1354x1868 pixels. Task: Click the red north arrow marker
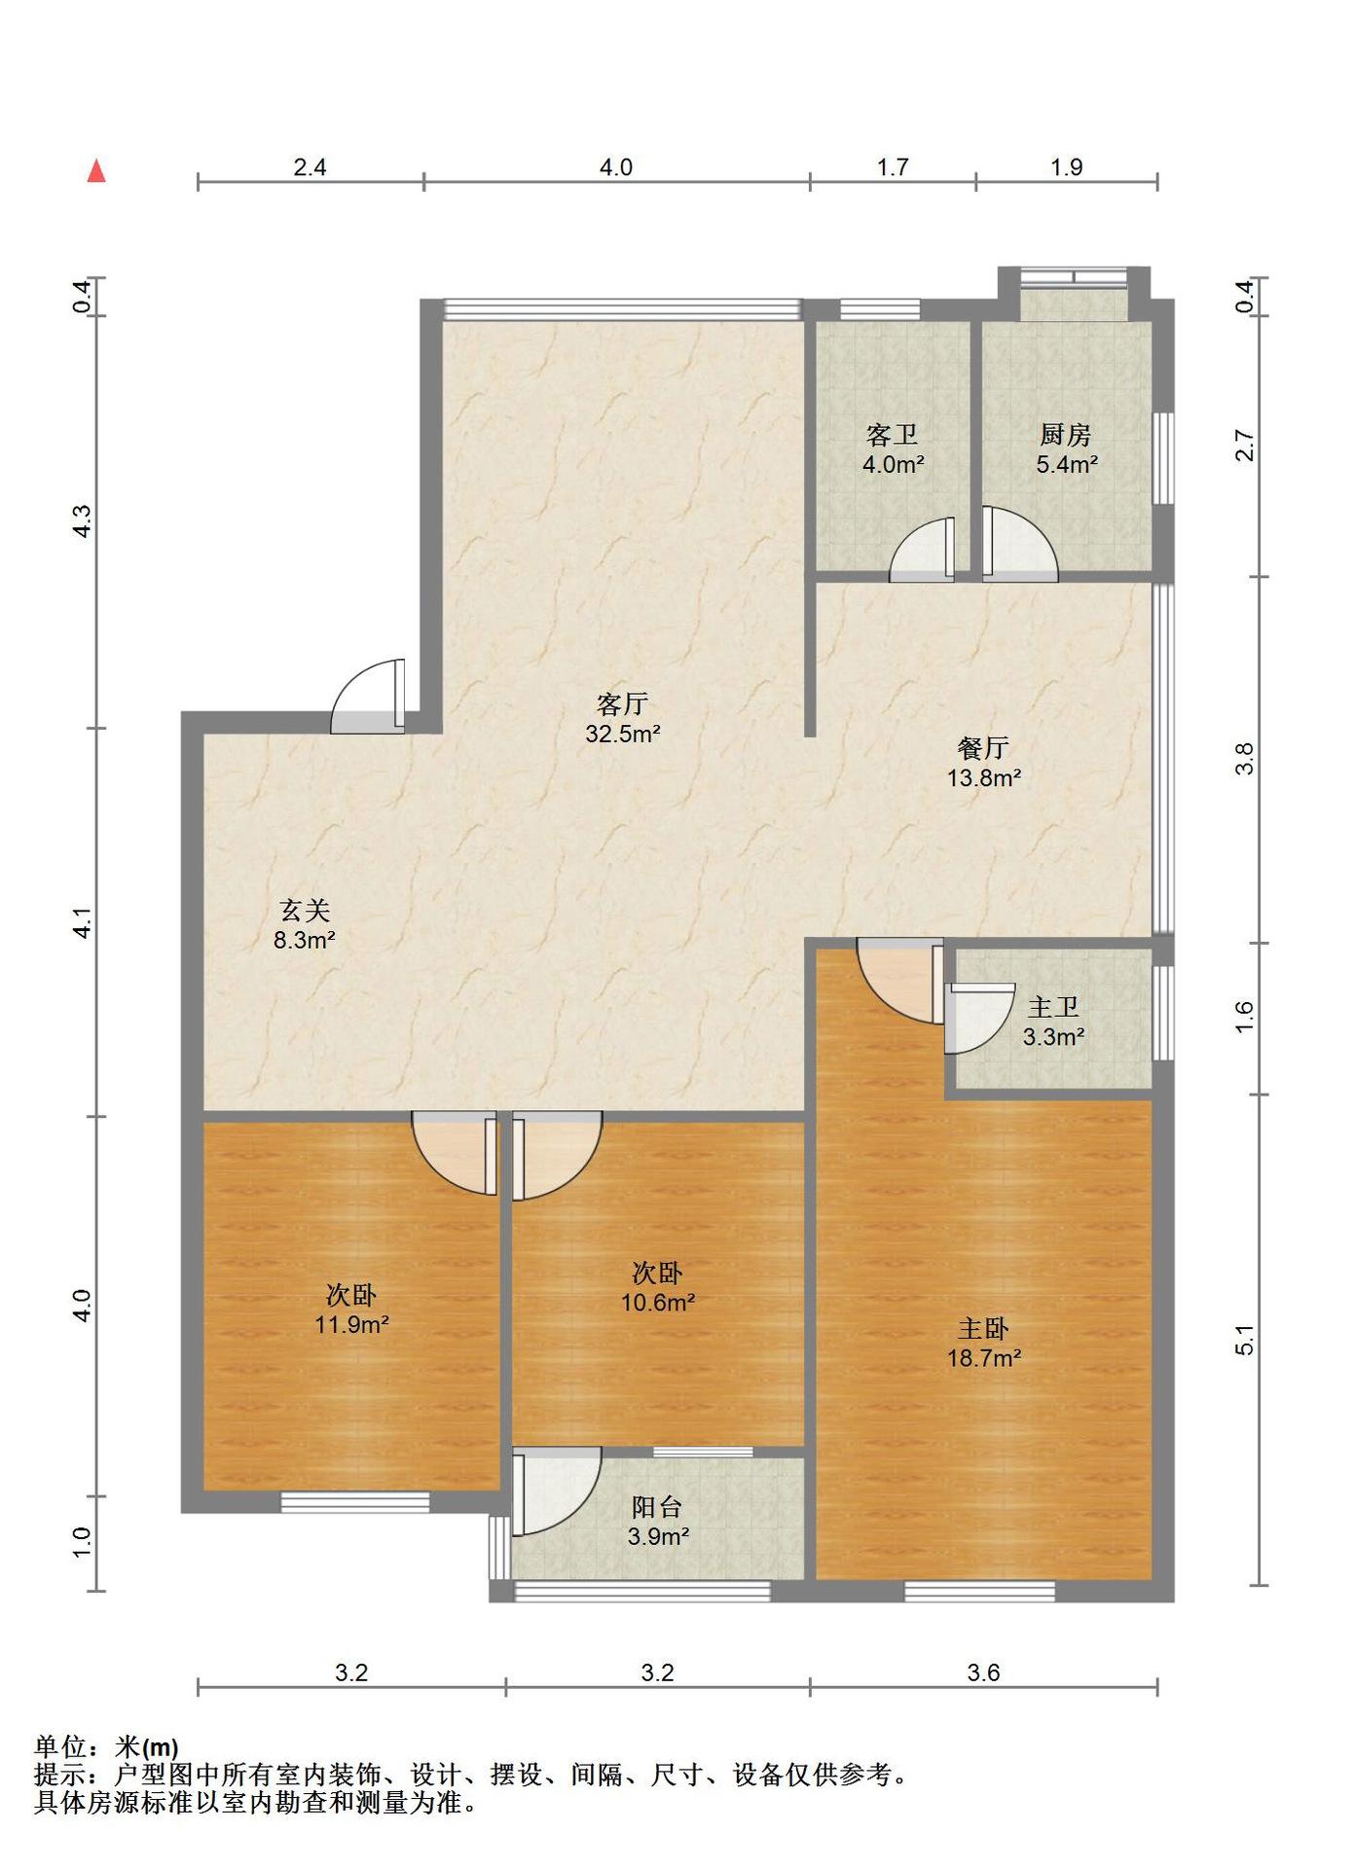(x=96, y=171)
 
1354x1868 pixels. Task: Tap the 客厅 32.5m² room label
(x=623, y=718)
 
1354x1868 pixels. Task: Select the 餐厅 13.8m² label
(x=984, y=762)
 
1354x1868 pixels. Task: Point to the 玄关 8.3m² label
(x=305, y=924)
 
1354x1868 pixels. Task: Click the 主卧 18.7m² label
(x=984, y=1343)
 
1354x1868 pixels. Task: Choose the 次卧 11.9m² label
(x=351, y=1309)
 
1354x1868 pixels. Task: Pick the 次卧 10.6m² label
(x=658, y=1286)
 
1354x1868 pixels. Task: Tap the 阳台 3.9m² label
(x=658, y=1522)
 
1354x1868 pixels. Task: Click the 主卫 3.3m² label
(x=1053, y=1022)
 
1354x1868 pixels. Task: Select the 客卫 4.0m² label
(x=893, y=449)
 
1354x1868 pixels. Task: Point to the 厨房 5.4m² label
(x=1066, y=449)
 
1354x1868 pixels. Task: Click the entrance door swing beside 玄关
(x=368, y=697)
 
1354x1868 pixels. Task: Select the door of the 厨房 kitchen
(x=1019, y=545)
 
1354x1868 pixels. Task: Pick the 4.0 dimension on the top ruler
(x=616, y=167)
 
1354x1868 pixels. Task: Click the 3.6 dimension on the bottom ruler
(x=983, y=1672)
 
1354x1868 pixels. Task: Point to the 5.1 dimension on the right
(x=1245, y=1341)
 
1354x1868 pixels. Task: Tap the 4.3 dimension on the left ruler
(x=83, y=521)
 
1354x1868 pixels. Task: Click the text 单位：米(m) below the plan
(x=106, y=1747)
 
